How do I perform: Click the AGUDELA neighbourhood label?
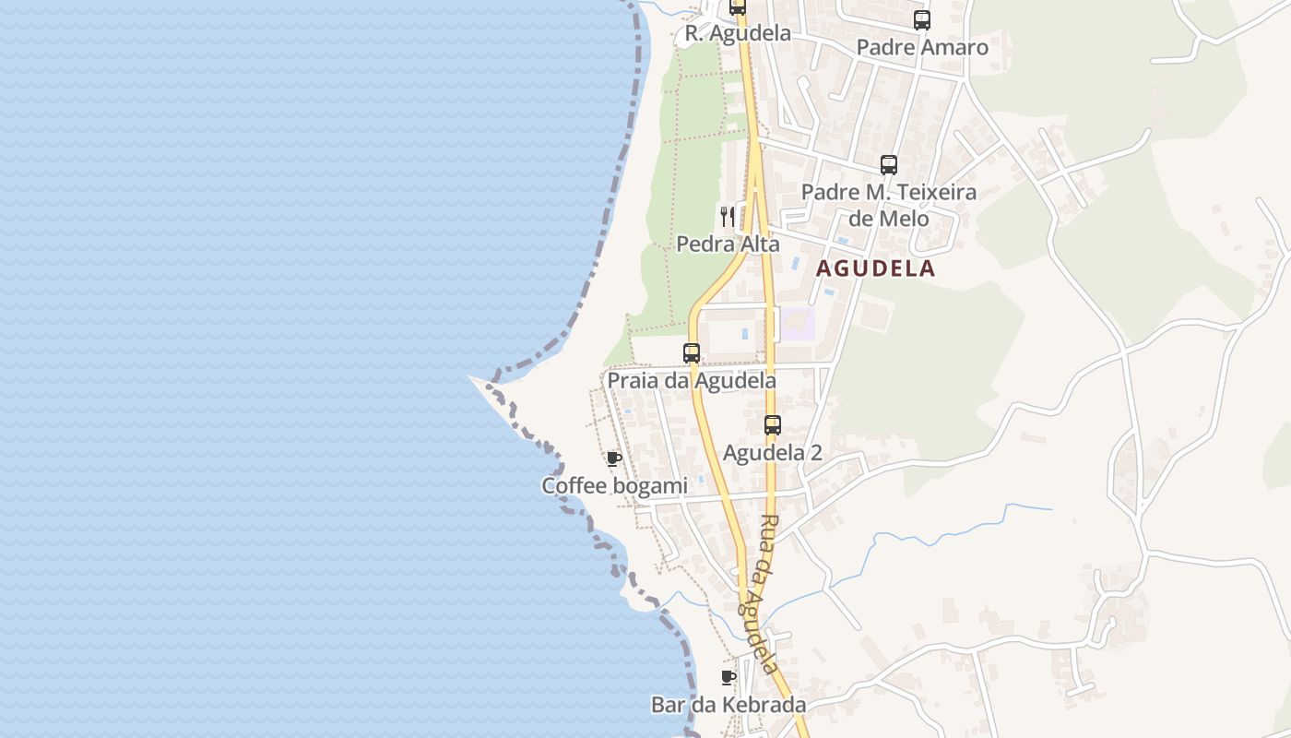(875, 268)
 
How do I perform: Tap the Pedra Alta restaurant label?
(728, 244)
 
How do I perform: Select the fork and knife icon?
(728, 217)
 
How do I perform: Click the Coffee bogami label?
(614, 486)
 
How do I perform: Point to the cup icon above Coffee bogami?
(614, 458)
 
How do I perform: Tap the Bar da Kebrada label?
(728, 705)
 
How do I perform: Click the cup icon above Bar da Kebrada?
(728, 678)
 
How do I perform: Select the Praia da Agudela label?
(691, 380)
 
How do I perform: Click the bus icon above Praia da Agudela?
(692, 352)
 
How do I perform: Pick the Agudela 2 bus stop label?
(772, 453)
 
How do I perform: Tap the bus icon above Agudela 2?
(773, 425)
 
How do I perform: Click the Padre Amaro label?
(921, 47)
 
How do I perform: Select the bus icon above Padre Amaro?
(922, 19)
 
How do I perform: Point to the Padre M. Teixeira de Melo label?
(888, 206)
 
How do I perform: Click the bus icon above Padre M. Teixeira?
(889, 165)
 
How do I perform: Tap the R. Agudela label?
(737, 33)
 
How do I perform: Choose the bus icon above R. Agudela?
(738, 7)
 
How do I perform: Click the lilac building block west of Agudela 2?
(798, 324)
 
